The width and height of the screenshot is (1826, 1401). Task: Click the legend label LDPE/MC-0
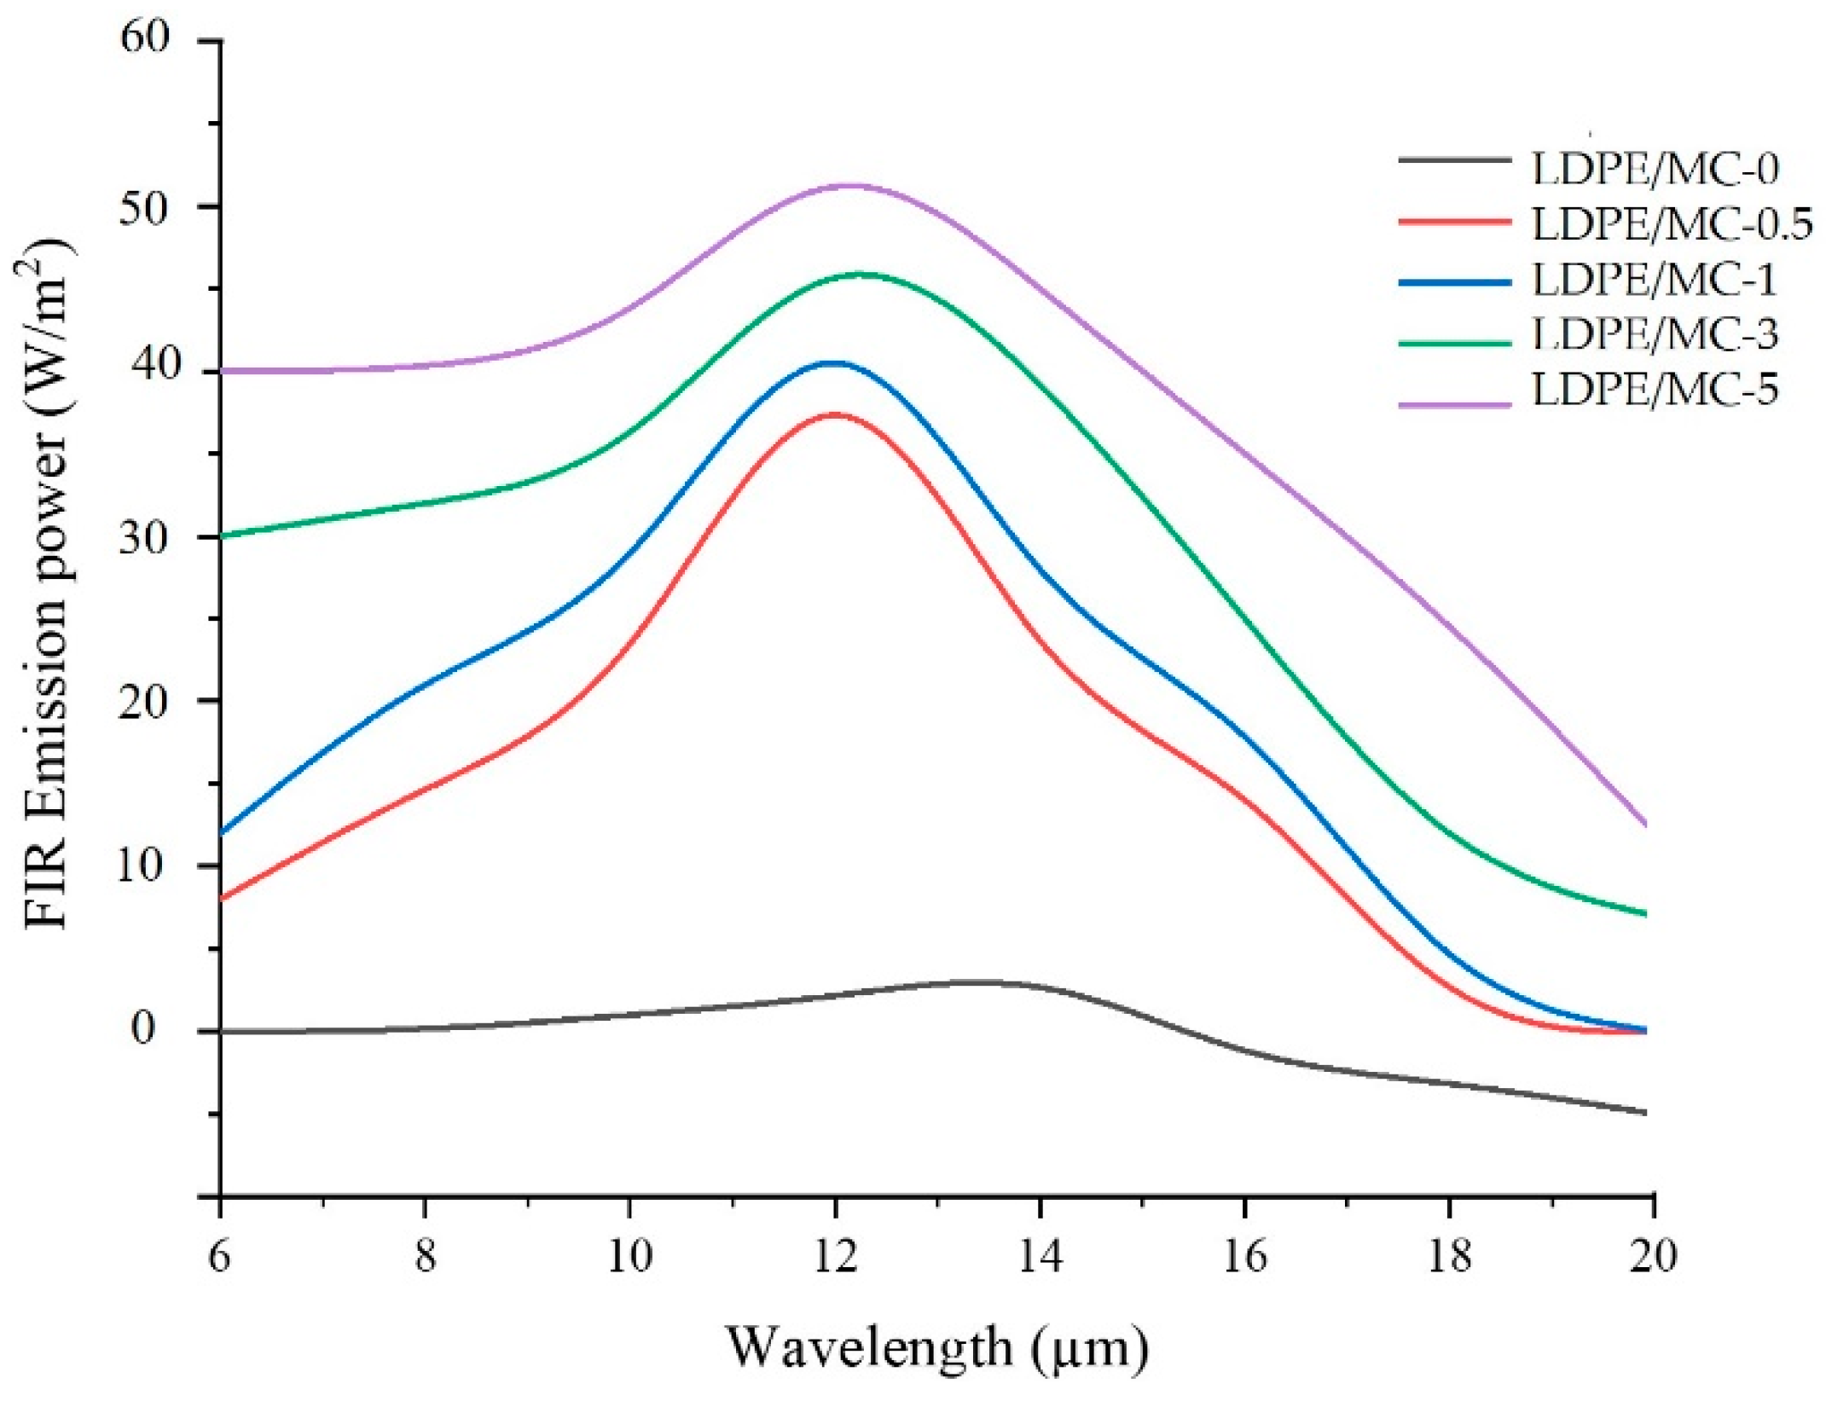1655,169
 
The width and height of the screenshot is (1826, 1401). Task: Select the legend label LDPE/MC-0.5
1672,225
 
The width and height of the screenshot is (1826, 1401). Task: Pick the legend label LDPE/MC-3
1655,334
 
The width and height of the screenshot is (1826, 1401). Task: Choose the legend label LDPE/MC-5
1655,390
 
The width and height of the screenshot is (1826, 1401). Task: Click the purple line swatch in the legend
1454,403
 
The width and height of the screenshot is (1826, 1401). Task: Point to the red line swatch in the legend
1454,220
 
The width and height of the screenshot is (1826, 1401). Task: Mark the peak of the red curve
834,414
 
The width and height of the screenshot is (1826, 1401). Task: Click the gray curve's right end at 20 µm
1644,1113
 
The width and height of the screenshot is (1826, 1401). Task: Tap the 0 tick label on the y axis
143,1029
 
